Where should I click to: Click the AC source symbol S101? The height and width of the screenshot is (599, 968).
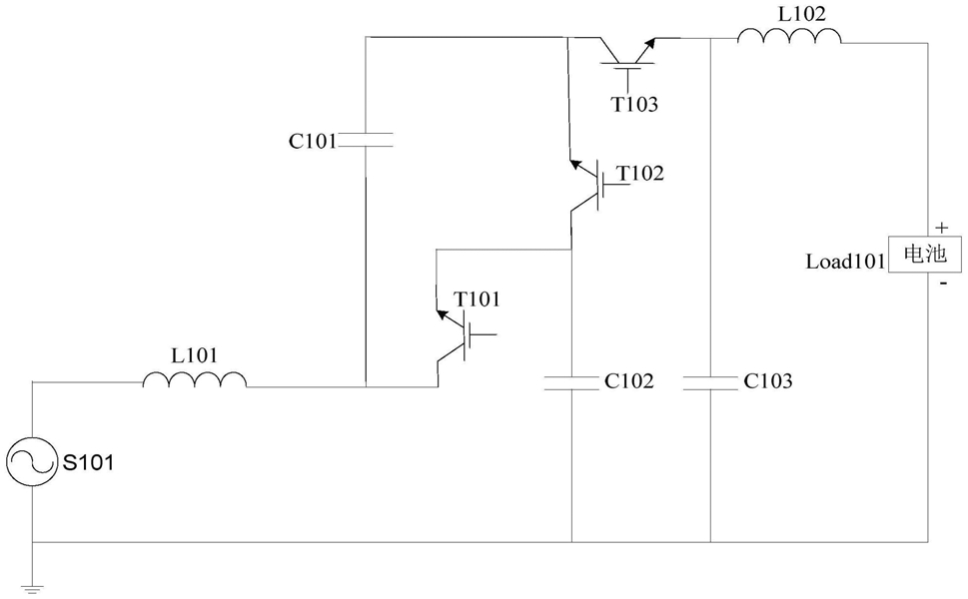tap(31, 461)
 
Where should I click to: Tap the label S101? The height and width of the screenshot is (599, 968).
tap(88, 462)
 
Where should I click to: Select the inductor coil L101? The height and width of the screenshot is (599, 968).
tap(195, 380)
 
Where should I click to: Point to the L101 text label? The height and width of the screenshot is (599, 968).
tap(195, 356)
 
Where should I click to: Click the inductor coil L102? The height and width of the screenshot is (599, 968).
tap(789, 36)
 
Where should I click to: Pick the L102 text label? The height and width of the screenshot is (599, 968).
tap(801, 14)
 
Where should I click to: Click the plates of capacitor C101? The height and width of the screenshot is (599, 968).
tap(366, 141)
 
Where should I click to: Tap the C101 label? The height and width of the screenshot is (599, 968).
tap(313, 142)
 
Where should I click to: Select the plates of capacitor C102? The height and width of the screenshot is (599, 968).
tap(571, 383)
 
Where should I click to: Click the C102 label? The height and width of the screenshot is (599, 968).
tap(628, 381)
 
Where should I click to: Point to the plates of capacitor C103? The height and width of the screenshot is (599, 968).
tap(710, 383)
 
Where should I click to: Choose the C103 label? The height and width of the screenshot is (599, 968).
tap(768, 381)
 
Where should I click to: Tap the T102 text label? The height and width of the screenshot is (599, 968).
tap(640, 174)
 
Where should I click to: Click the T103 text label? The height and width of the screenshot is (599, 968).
tap(634, 105)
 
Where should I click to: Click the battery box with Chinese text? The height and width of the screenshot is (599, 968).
tap(925, 255)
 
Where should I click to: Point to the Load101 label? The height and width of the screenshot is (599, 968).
tap(846, 262)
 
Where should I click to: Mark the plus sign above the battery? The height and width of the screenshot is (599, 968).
tap(941, 228)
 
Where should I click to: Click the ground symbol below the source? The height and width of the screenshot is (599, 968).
tap(32, 588)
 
